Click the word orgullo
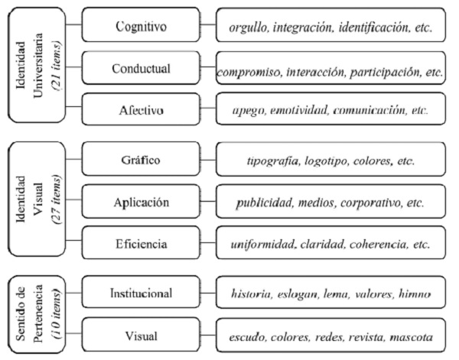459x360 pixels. pos(251,28)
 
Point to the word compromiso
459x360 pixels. pos(249,72)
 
